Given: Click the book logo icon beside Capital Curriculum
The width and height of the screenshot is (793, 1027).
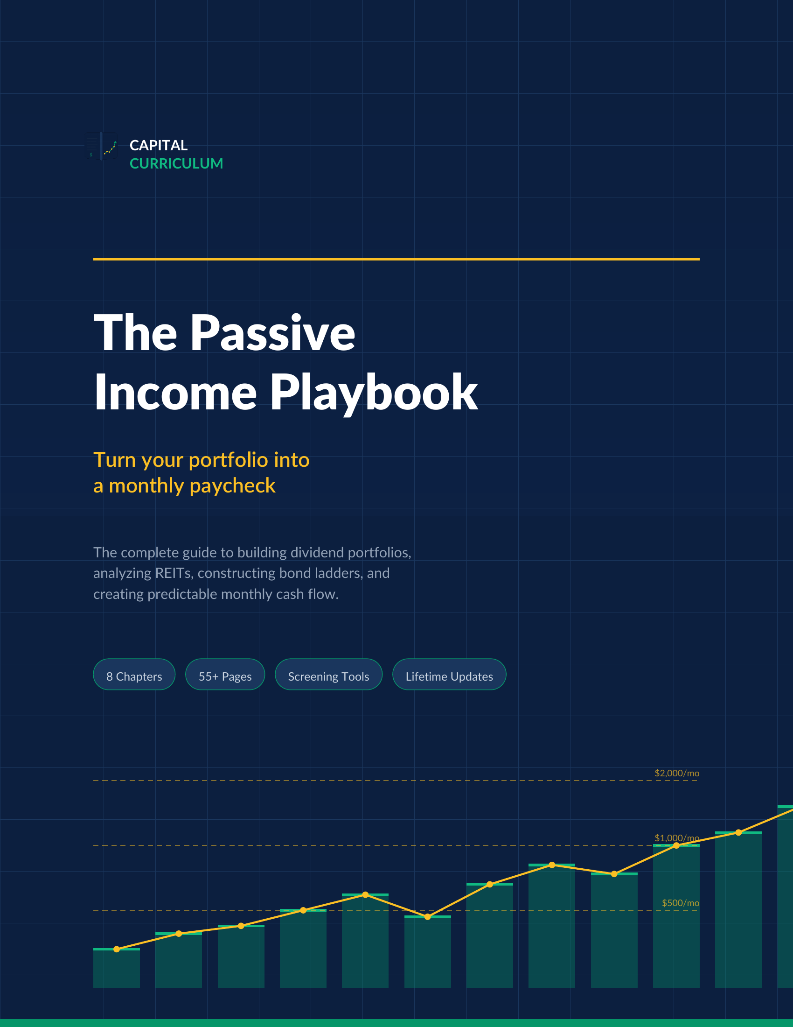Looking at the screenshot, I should click(x=102, y=146).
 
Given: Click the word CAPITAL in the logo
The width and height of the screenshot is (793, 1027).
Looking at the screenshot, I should click(x=158, y=145).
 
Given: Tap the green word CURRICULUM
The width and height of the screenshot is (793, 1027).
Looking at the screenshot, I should click(x=176, y=164).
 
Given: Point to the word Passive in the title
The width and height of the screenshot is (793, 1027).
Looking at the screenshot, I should click(x=272, y=333).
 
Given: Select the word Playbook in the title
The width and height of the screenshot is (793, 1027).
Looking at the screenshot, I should click(x=374, y=393).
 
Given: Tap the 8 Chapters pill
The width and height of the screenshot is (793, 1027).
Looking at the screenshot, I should click(x=134, y=676).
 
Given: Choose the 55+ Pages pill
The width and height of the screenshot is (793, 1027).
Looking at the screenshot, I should click(x=225, y=676).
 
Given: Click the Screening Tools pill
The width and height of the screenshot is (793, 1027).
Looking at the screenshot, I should click(x=328, y=676).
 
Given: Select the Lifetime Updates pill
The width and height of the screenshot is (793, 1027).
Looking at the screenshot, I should click(x=449, y=676).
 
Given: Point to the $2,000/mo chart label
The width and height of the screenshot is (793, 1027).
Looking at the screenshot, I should click(x=676, y=774).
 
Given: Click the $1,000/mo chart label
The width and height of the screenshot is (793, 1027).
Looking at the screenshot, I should click(x=676, y=838).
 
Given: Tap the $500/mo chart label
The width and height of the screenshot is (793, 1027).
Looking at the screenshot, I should click(x=680, y=903).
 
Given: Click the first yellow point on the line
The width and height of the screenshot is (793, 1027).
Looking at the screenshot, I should click(x=117, y=950).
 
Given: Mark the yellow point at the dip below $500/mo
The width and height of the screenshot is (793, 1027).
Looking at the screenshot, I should click(x=427, y=917).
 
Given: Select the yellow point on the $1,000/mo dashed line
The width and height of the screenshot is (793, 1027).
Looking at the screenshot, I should click(x=676, y=846).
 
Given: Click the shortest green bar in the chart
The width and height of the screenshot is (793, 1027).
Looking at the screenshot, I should click(x=117, y=969).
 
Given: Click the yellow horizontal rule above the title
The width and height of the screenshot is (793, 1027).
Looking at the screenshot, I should click(x=396, y=259).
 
